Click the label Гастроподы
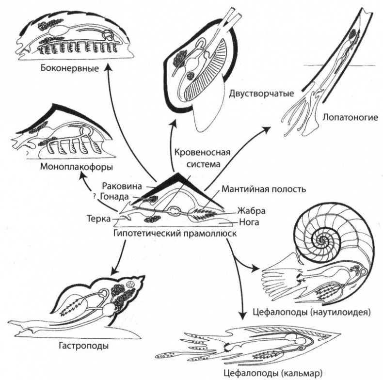tap(86, 346)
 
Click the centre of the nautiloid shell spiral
tap(320, 238)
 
